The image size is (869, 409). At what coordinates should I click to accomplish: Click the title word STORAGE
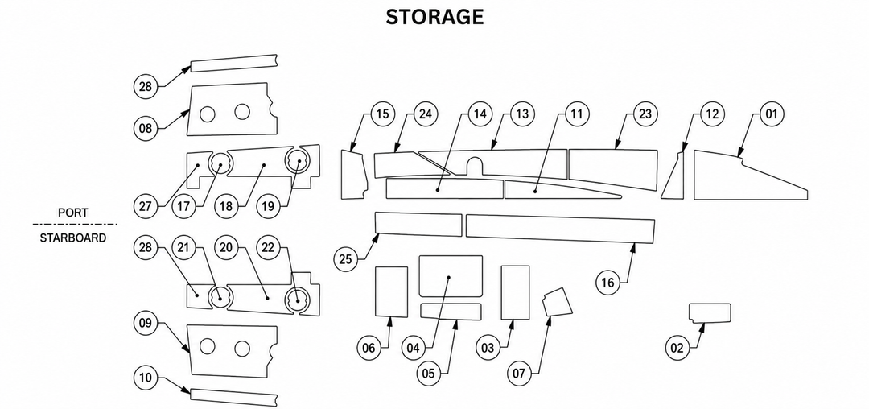[x=434, y=17]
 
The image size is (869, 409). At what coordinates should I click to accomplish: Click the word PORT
[x=73, y=213]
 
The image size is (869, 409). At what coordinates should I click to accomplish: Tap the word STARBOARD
[x=73, y=238]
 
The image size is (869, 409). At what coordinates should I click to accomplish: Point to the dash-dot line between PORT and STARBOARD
[x=75, y=225]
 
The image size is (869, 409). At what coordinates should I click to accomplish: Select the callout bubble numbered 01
[x=771, y=114]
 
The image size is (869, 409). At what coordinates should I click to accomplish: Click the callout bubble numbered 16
[x=608, y=283]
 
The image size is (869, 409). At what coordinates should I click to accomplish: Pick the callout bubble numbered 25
[x=345, y=259]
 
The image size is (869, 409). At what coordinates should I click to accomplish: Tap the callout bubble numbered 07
[x=519, y=374]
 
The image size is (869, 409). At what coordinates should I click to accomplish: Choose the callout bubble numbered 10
[x=145, y=378]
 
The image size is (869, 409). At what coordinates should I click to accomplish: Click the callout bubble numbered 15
[x=382, y=114]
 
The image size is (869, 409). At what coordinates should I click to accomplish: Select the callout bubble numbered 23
[x=645, y=114]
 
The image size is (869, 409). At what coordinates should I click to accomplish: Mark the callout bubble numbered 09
[x=145, y=323]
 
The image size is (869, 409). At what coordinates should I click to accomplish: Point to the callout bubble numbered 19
[x=268, y=206]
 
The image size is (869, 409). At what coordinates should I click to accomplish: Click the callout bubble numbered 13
[x=521, y=114]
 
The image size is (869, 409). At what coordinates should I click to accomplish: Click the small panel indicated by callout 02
[x=710, y=312]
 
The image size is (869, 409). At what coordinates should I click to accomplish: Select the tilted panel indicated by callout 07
[x=557, y=301]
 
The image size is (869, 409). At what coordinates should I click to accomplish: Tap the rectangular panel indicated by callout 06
[x=392, y=291]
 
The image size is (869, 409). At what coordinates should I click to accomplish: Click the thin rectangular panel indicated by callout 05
[x=451, y=312]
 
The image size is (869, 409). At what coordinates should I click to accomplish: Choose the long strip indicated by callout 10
[x=233, y=398]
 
